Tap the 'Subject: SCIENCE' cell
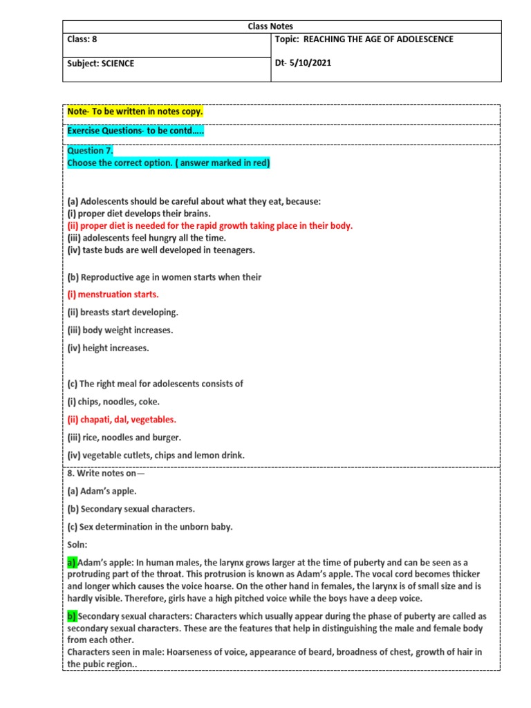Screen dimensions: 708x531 coord(101,64)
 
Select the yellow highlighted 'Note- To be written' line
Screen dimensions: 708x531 coord(135,112)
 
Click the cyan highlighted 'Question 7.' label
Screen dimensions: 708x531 coord(90,151)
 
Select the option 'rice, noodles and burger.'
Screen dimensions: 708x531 coord(124,437)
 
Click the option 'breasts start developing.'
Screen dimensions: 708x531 coord(122,313)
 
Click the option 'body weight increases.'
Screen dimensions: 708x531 coord(120,330)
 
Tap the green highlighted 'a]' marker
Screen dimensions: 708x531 coord(72,563)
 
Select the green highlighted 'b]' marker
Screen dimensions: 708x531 coord(72,616)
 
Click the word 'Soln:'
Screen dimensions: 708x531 coord(77,545)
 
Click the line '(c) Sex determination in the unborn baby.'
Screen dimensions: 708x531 coord(150,527)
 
